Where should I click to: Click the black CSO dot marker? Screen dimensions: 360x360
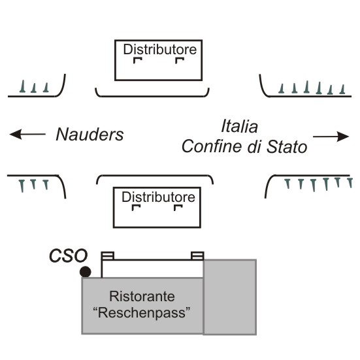tap(85, 272)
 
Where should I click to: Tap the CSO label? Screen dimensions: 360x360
tap(69, 255)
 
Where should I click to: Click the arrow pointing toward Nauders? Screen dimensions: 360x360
tap(27, 134)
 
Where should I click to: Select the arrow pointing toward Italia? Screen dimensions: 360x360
tap(331, 137)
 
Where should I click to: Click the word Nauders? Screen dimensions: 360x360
tap(90, 135)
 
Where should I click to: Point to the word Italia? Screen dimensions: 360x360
tap(240, 126)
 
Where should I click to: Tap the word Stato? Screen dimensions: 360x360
tap(287, 146)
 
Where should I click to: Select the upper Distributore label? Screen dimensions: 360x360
tap(160, 50)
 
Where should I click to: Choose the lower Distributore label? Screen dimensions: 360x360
tap(158, 197)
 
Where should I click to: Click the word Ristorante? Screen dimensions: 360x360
tap(142, 296)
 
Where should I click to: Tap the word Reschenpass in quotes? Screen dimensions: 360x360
tap(142, 312)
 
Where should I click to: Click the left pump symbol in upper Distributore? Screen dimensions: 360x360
tap(137, 60)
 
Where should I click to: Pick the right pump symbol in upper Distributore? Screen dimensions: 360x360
tap(180, 60)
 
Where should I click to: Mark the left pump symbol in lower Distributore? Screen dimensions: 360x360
tap(136, 208)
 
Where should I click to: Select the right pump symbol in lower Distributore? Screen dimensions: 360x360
tap(178, 208)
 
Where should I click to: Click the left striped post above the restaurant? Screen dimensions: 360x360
tap(108, 255)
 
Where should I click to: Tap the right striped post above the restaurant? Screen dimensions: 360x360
tap(197, 255)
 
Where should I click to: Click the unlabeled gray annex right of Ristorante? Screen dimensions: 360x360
tap(230, 297)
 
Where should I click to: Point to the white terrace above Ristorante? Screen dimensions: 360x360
tap(152, 269)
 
